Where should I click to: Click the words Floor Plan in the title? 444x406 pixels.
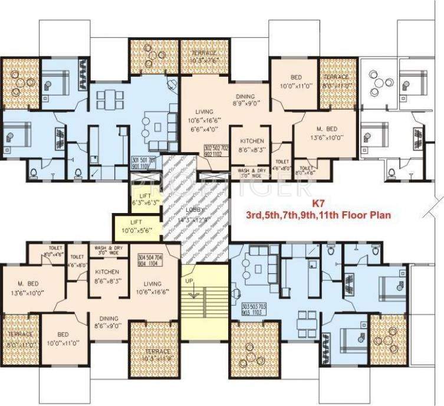click(367, 216)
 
